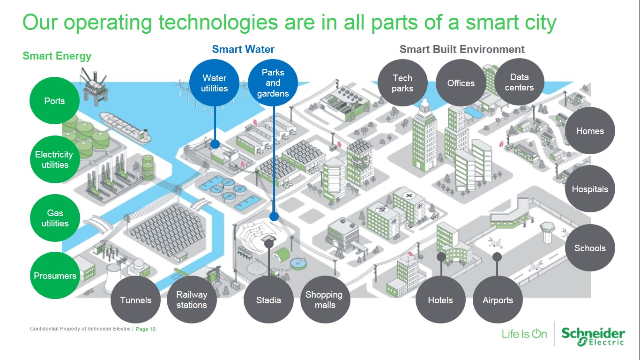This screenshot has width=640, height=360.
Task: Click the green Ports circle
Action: pyautogui.click(x=54, y=101)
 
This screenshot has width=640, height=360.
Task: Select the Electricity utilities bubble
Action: pyautogui.click(x=54, y=159)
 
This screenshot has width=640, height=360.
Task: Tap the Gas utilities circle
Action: pyautogui.click(x=55, y=218)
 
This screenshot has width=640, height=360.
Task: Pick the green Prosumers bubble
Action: pyautogui.click(x=55, y=276)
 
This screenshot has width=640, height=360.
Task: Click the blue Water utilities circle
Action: pyautogui.click(x=215, y=83)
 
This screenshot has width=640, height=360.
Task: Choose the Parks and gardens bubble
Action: pyautogui.click(x=273, y=83)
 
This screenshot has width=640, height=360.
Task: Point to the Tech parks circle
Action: pyautogui.click(x=402, y=83)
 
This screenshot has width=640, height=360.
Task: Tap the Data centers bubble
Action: pyautogui.click(x=519, y=82)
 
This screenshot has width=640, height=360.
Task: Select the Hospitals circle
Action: pyautogui.click(x=590, y=189)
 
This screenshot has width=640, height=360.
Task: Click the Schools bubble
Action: pyautogui.click(x=590, y=248)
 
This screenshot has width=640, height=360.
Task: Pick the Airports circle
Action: pyautogui.click(x=498, y=300)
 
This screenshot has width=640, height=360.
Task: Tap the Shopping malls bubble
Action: pyautogui.click(x=324, y=300)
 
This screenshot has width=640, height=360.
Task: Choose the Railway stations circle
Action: pyautogui.click(x=192, y=300)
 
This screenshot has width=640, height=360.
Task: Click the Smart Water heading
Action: pyautogui.click(x=243, y=49)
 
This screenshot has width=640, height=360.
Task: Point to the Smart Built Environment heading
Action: pyautogui.click(x=462, y=49)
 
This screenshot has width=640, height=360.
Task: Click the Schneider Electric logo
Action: pyautogui.click(x=593, y=336)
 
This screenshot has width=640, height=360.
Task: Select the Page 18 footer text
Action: pyautogui.click(x=146, y=329)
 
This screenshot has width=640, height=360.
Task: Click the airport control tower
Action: pyautogui.click(x=547, y=232)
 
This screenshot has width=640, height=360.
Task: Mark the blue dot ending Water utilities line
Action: pyautogui.click(x=215, y=144)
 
